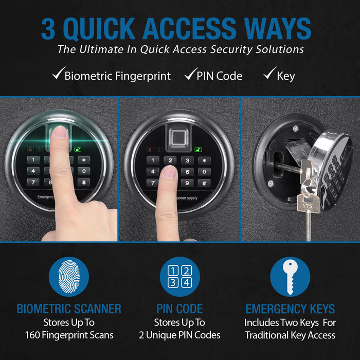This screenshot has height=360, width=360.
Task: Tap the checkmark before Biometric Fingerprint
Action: [57, 76]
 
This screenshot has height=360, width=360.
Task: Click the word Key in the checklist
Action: [285, 76]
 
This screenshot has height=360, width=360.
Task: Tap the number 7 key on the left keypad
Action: [32, 182]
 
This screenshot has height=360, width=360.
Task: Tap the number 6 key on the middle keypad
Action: [188, 171]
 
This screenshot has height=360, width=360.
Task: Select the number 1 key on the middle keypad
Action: [152, 160]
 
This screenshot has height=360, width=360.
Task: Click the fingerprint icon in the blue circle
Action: [69, 277]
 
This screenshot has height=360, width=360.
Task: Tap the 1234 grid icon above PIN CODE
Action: [179, 277]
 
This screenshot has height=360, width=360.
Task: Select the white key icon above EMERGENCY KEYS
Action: [290, 277]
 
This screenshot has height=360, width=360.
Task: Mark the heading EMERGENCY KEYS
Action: [290, 309]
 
